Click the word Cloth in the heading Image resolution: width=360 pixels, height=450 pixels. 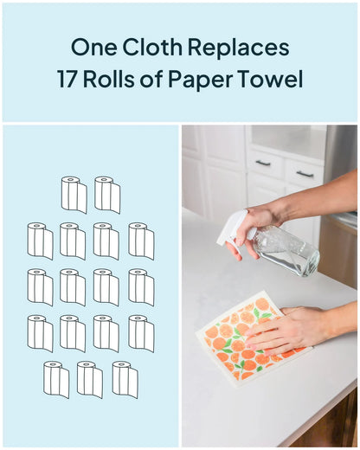[x=152, y=47]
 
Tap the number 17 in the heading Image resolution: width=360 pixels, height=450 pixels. [x=67, y=79]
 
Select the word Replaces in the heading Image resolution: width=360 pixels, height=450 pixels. [x=239, y=48]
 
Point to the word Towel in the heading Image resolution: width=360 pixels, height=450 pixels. [x=273, y=79]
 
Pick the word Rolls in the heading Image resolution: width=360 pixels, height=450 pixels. [x=109, y=79]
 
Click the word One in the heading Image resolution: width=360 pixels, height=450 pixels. [x=94, y=48]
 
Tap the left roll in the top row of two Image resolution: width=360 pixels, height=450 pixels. [x=74, y=195]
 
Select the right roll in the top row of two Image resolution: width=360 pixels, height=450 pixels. [x=107, y=195]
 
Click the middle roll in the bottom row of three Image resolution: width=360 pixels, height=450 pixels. [x=90, y=379]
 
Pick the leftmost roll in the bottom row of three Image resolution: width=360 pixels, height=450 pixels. [x=56, y=379]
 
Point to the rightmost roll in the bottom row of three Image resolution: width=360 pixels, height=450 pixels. [x=125, y=379]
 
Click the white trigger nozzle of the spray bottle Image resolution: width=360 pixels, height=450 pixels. [x=235, y=228]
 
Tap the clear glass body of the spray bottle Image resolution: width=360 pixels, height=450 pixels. [x=286, y=251]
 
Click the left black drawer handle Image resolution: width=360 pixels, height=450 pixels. [x=263, y=164]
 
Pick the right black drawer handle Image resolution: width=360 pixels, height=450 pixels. [x=305, y=174]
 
